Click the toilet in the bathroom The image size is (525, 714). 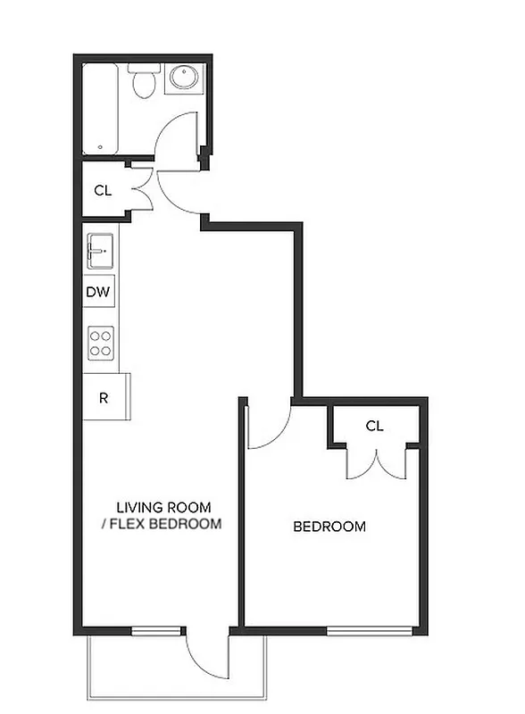[143, 82]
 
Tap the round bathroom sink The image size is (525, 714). [185, 79]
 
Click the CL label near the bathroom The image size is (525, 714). [103, 189]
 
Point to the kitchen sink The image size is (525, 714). [100, 251]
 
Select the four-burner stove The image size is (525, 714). [101, 343]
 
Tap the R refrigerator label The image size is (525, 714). [104, 397]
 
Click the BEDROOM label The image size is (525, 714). [329, 527]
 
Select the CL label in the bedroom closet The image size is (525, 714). [374, 426]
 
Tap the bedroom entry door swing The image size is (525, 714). [269, 427]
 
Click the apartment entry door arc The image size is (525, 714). [183, 194]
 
